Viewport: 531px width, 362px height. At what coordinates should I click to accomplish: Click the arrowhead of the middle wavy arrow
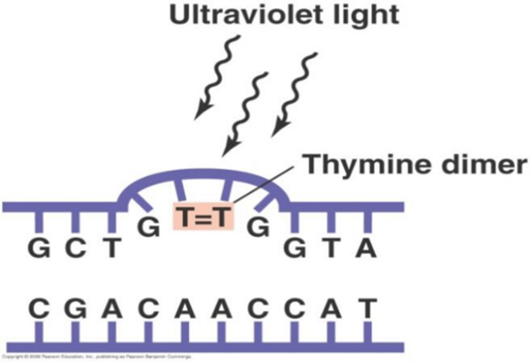[229, 149]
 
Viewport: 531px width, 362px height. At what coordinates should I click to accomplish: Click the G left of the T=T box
[148, 228]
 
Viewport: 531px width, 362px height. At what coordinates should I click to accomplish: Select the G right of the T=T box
[258, 228]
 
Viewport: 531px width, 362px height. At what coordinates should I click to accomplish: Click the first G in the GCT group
[39, 248]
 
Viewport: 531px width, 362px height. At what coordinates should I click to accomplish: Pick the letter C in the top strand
[76, 248]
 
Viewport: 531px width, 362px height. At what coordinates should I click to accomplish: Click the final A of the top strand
[366, 248]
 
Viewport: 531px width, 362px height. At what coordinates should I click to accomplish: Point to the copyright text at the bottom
[96, 357]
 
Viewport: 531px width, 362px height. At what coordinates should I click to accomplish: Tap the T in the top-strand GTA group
[331, 248]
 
